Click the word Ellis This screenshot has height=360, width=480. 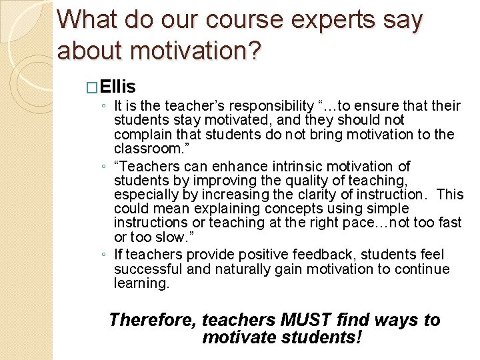click(x=120, y=87)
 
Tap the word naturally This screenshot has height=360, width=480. click(x=214, y=269)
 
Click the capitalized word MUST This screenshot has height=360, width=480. click(x=303, y=320)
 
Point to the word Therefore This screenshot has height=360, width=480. click(x=152, y=320)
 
